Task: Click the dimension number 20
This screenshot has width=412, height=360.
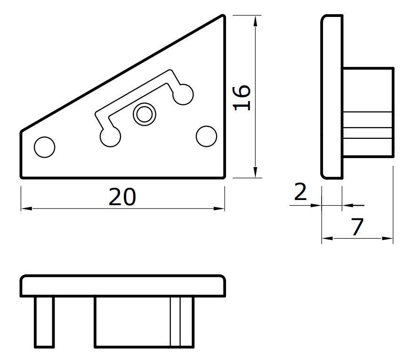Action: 122,197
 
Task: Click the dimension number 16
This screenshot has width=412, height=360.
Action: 242,97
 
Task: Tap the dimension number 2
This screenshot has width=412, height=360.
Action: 300,192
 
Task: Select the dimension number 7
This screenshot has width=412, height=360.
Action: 357,227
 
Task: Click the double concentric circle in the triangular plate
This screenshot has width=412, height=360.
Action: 145,114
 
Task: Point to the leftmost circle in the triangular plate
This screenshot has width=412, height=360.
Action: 45,147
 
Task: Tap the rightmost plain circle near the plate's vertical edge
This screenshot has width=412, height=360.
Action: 207,136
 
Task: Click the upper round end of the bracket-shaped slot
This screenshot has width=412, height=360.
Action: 183,95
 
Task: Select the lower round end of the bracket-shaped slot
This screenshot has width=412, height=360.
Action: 110,136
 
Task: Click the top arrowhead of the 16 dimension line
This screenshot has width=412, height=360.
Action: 255,21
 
